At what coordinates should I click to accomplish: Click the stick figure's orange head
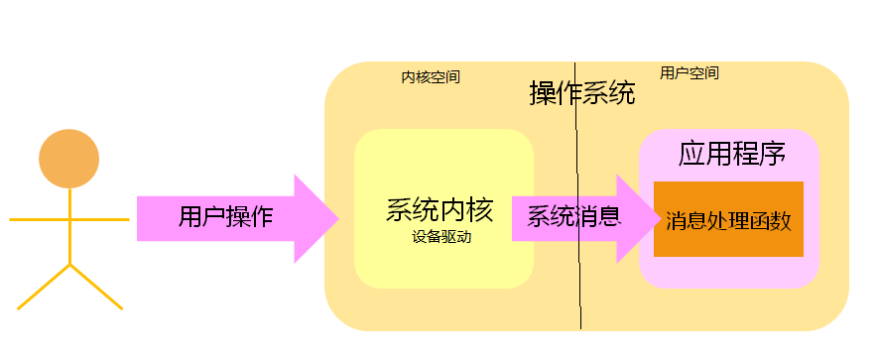[x=68, y=159]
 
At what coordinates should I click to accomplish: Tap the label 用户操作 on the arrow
[x=225, y=217]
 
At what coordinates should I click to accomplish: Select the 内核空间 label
[x=431, y=76]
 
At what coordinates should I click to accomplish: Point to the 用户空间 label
[x=690, y=73]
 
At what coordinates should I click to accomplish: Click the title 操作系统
[x=582, y=94]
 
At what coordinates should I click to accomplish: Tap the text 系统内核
[x=440, y=211]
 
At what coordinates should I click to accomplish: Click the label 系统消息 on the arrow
[x=572, y=216]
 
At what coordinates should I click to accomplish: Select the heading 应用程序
[x=732, y=155]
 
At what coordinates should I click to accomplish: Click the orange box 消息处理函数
[x=728, y=219]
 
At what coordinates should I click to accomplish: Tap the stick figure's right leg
[x=96, y=287]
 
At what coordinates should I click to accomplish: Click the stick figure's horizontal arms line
[x=68, y=219]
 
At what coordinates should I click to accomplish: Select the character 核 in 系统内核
[x=479, y=211]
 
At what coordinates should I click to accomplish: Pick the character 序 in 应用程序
[x=773, y=155]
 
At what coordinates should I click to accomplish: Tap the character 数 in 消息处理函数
[x=781, y=220]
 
